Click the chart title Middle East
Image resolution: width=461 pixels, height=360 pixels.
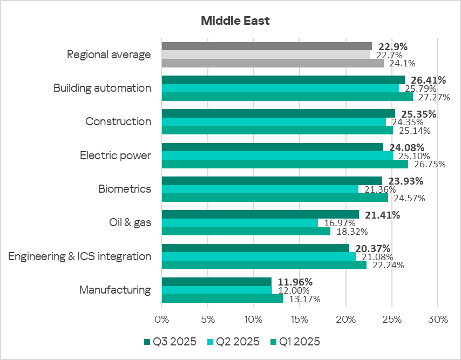235,21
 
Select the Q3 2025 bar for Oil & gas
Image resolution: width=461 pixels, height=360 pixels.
260,214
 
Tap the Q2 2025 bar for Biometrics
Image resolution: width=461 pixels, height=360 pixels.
260,189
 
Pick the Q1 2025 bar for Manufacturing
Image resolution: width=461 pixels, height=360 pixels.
222,298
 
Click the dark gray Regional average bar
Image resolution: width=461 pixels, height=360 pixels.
267,46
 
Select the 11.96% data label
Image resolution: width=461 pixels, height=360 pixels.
295,282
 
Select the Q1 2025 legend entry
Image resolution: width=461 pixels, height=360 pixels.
295,342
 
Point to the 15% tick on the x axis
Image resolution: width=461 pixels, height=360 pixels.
300,320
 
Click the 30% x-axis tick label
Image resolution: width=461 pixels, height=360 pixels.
438,320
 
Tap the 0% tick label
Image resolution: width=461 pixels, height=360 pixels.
162,320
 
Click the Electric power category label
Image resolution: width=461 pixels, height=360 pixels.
116,155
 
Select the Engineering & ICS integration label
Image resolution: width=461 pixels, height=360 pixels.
80,256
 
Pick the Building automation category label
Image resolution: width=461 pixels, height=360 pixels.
103,88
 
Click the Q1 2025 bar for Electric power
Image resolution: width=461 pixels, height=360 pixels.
285,164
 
